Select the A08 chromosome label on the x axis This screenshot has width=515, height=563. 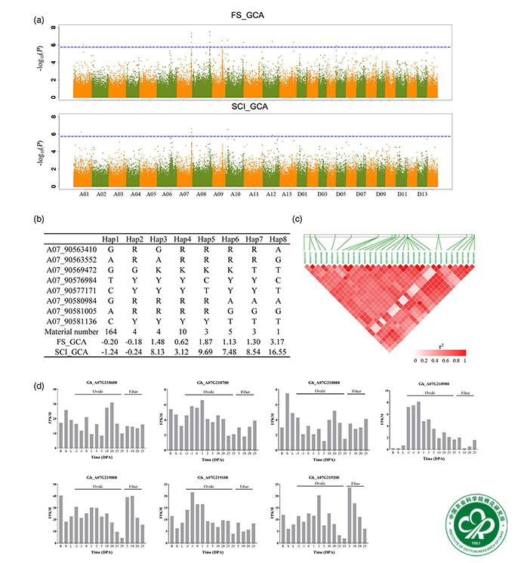(200, 195)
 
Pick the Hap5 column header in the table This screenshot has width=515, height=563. (204, 240)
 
